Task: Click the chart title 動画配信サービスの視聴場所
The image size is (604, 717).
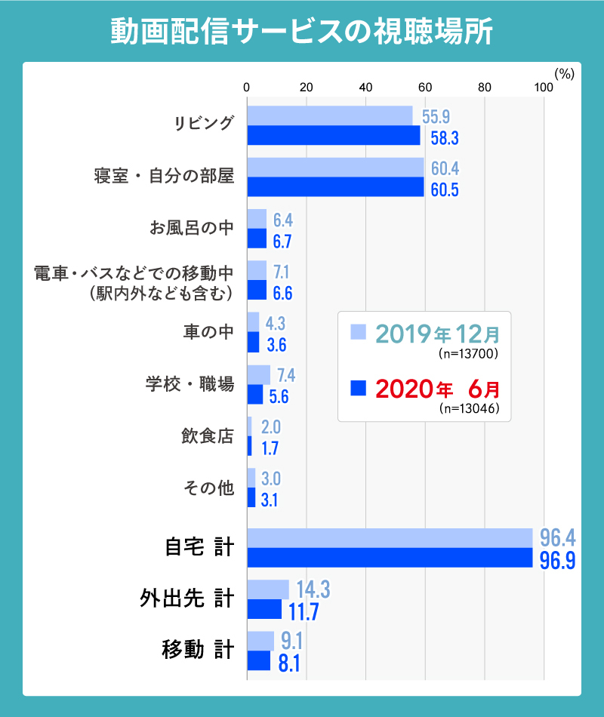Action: click(302, 32)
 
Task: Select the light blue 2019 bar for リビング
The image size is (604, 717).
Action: click(330, 115)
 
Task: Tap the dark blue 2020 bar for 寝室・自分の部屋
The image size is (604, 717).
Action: click(335, 187)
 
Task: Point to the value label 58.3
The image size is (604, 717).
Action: click(445, 138)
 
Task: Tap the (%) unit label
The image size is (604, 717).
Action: click(565, 73)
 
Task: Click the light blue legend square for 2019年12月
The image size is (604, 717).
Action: click(359, 332)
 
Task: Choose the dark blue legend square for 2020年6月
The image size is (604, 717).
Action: click(359, 389)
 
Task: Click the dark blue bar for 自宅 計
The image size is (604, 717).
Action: click(390, 557)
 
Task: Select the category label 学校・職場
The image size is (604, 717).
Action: click(190, 384)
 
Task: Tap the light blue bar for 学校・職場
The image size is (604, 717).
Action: click(258, 374)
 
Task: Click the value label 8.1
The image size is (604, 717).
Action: click(289, 662)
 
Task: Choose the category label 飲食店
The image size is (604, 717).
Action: click(208, 436)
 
